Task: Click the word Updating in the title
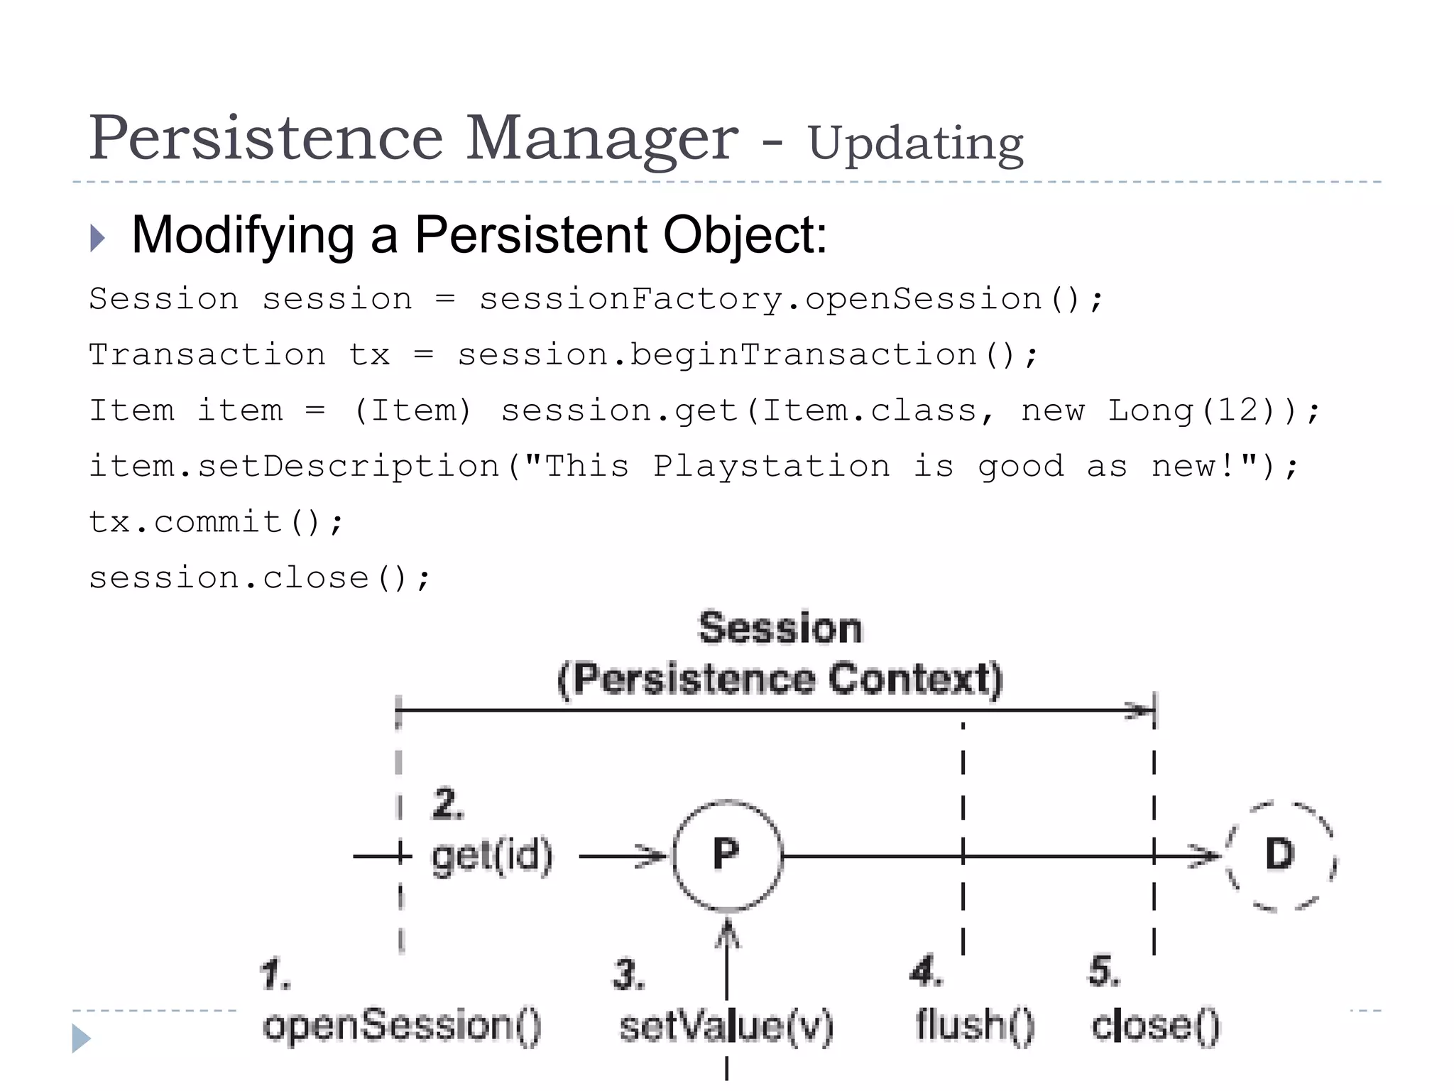tap(915, 144)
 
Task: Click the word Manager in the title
tap(601, 138)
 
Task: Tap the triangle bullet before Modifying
tap(98, 238)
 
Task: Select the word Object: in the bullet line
tap(745, 235)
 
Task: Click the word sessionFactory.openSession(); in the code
tap(791, 299)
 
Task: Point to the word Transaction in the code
tap(207, 354)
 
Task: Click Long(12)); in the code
tap(1213, 411)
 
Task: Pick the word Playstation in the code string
tap(771, 467)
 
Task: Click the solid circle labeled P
tap(727, 855)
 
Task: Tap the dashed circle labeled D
tap(1280, 855)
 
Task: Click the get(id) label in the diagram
tap(492, 856)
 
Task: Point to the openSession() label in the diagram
tap(402, 1026)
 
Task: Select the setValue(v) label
tap(726, 1027)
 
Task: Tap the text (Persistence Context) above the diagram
tap(780, 679)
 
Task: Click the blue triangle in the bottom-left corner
tap(80, 1038)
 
